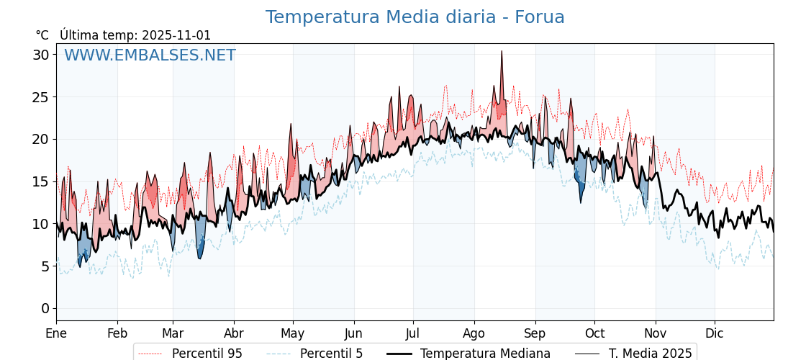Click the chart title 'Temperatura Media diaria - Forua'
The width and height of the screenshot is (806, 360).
pos(415,17)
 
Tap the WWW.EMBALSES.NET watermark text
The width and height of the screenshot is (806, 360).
pos(150,55)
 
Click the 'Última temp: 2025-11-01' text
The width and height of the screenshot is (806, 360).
pos(135,35)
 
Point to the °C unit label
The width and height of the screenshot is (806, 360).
pos(42,35)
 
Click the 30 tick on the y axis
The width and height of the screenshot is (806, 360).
pos(41,55)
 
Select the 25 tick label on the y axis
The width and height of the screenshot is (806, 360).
pos(41,97)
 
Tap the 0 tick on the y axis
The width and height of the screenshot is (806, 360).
pos(45,309)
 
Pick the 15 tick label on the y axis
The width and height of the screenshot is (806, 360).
pos(41,181)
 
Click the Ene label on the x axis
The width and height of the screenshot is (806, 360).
pos(56,333)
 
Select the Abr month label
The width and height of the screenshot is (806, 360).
pos(234,333)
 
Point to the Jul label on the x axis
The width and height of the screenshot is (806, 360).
pos(413,333)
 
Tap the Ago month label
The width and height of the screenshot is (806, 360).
pos(474,333)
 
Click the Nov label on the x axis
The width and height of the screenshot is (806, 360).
pos(656,333)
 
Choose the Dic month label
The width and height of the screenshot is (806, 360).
pos(715,333)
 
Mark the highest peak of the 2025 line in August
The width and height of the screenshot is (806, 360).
pos(502,51)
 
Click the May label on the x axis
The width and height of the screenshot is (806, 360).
pos(293,333)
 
